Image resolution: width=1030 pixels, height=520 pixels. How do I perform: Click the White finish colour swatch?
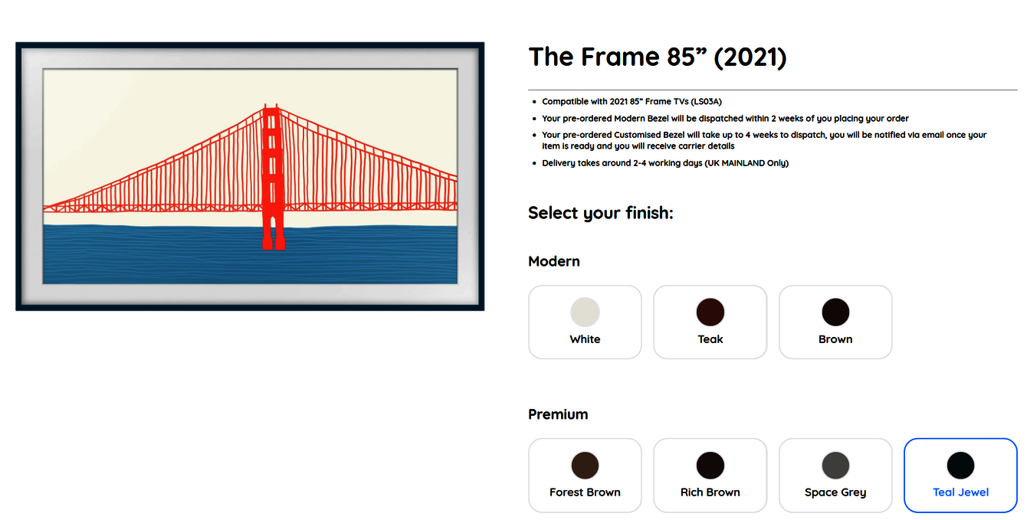coord(585,312)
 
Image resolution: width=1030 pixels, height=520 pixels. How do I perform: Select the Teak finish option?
coord(710,322)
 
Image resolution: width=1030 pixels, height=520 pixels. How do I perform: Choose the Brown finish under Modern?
coord(835,322)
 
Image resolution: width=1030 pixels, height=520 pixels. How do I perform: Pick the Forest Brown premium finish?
coord(585,475)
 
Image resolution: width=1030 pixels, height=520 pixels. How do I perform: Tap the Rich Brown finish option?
coord(710,475)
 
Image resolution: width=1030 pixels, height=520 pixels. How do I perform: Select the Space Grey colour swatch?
coord(835,466)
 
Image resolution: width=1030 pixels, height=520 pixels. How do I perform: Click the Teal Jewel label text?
coord(960,492)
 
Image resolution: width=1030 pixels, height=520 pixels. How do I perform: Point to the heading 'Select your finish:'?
coord(601,213)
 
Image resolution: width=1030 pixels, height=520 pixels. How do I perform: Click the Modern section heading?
coord(554,261)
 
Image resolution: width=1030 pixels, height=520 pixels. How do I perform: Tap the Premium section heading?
coord(558,414)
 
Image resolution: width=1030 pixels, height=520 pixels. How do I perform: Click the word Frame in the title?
coord(620,57)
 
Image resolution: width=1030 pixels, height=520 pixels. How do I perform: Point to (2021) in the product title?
coord(750,57)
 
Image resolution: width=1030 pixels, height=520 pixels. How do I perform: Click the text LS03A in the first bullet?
coord(707,102)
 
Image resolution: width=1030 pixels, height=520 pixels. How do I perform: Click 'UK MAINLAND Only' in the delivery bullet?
coord(746,163)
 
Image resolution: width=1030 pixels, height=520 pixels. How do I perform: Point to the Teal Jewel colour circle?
coord(960,466)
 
